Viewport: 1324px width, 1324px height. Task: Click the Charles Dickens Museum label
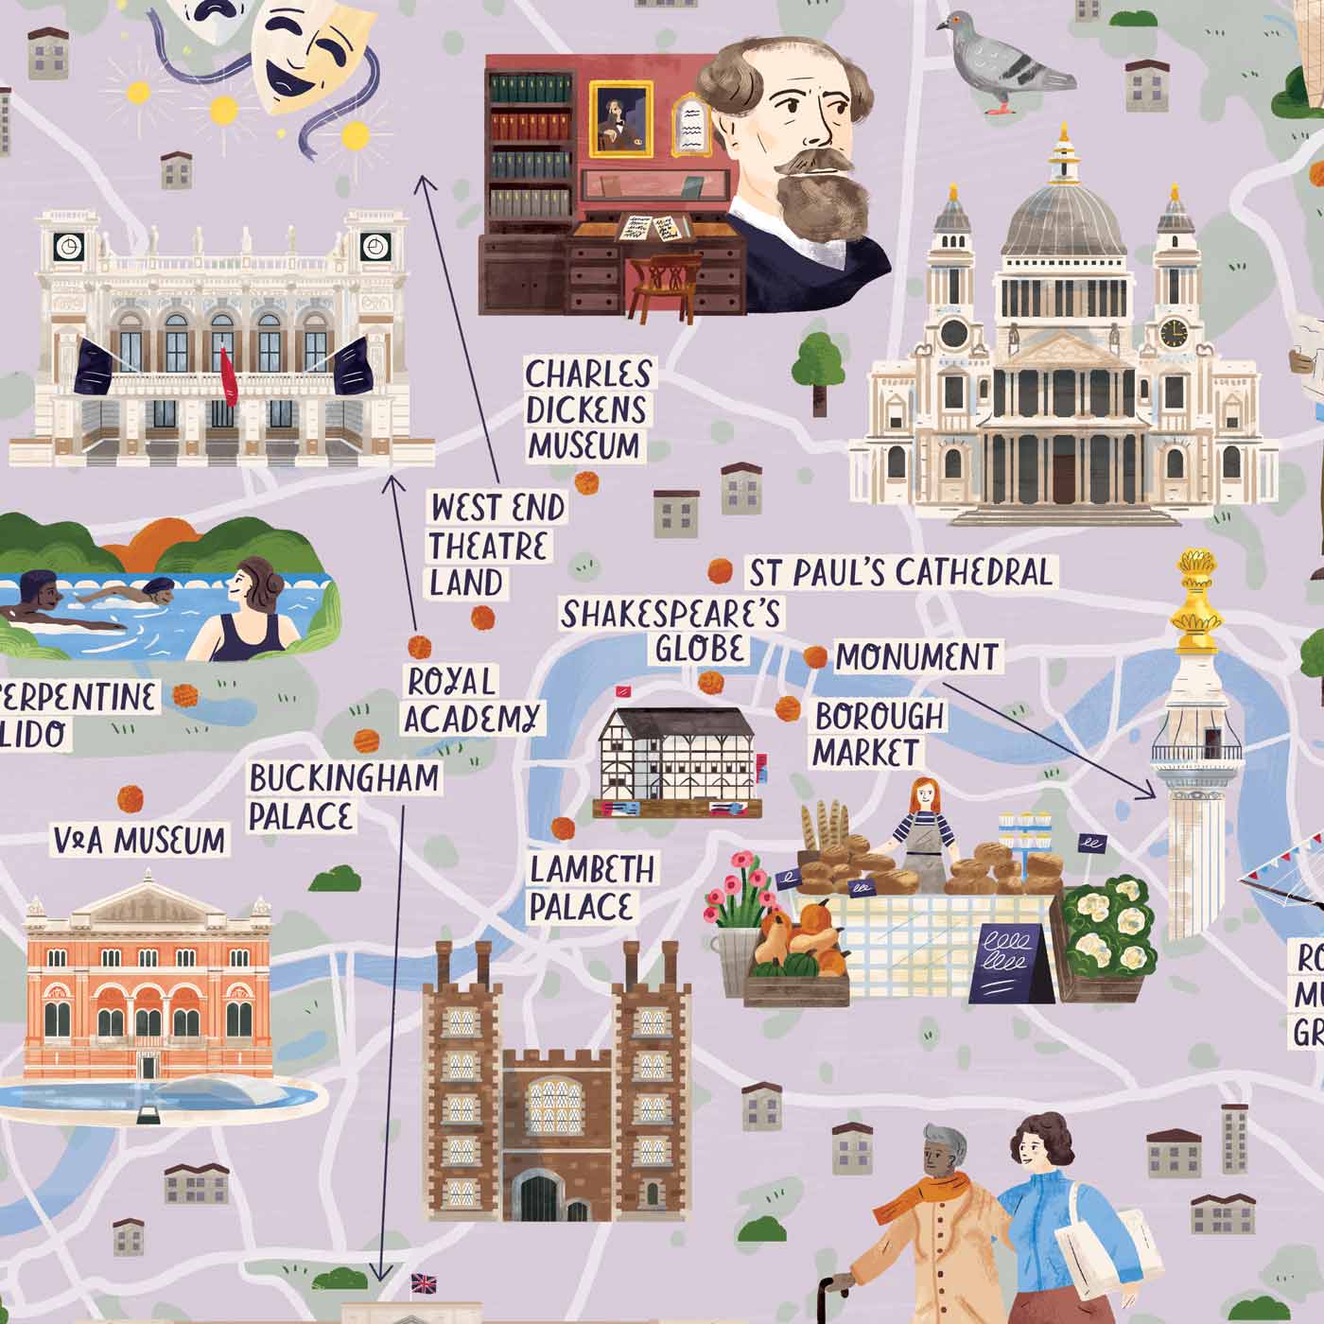586,409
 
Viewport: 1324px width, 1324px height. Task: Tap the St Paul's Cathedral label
899,572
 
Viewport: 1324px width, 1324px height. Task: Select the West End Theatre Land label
495,546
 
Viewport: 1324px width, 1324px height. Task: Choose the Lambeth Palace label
591,887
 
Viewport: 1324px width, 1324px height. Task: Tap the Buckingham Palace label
344,796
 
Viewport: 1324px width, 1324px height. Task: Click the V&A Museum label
140,840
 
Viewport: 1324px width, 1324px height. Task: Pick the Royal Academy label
473,700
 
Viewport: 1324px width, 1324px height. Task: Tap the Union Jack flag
424,1283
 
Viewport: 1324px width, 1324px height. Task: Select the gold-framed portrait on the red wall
620,118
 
